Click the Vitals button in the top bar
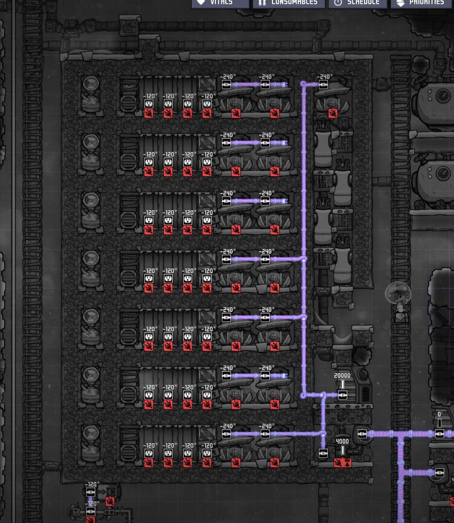pos(220,3)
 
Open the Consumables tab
pos(289,3)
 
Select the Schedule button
pos(357,3)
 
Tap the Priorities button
pos(421,3)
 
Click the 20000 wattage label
pos(343,376)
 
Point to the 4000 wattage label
pos(343,441)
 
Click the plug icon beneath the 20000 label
pos(343,395)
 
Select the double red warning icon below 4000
pos(343,463)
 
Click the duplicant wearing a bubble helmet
pos(399,295)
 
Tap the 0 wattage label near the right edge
pos(439,415)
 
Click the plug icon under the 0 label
pos(439,434)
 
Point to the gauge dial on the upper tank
pos(443,95)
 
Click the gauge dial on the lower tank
pos(443,173)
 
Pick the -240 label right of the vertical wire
pos(324,77)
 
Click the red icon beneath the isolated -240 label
pos(333,113)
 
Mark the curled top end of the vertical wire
pos(303,84)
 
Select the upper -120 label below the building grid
pos(93,485)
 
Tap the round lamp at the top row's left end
pos(90,85)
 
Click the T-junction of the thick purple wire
pos(401,434)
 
